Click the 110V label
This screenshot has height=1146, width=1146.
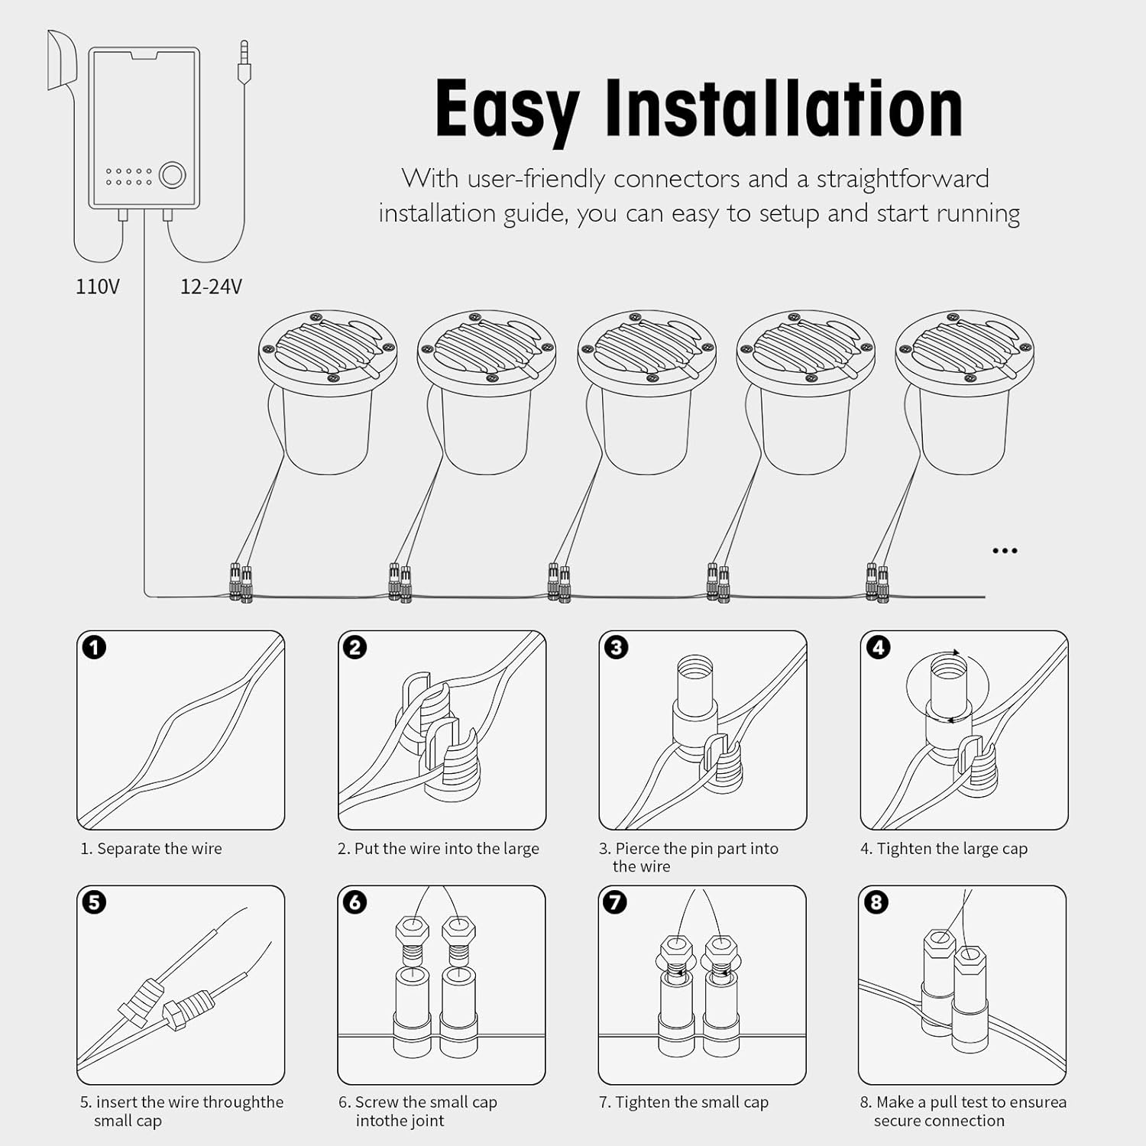(97, 286)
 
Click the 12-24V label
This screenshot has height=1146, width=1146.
(211, 286)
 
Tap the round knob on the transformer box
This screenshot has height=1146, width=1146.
(172, 175)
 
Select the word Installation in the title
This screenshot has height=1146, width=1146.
(783, 109)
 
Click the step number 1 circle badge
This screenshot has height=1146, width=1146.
(94, 648)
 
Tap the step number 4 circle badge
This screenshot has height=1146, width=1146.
(878, 648)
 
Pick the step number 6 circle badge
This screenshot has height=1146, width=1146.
(354, 902)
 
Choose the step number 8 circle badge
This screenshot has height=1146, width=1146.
(876, 902)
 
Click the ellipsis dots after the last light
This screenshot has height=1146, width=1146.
(1004, 551)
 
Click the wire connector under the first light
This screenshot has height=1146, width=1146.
(241, 584)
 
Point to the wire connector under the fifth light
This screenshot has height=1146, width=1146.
(877, 584)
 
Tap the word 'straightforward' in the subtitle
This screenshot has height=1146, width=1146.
(902, 179)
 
